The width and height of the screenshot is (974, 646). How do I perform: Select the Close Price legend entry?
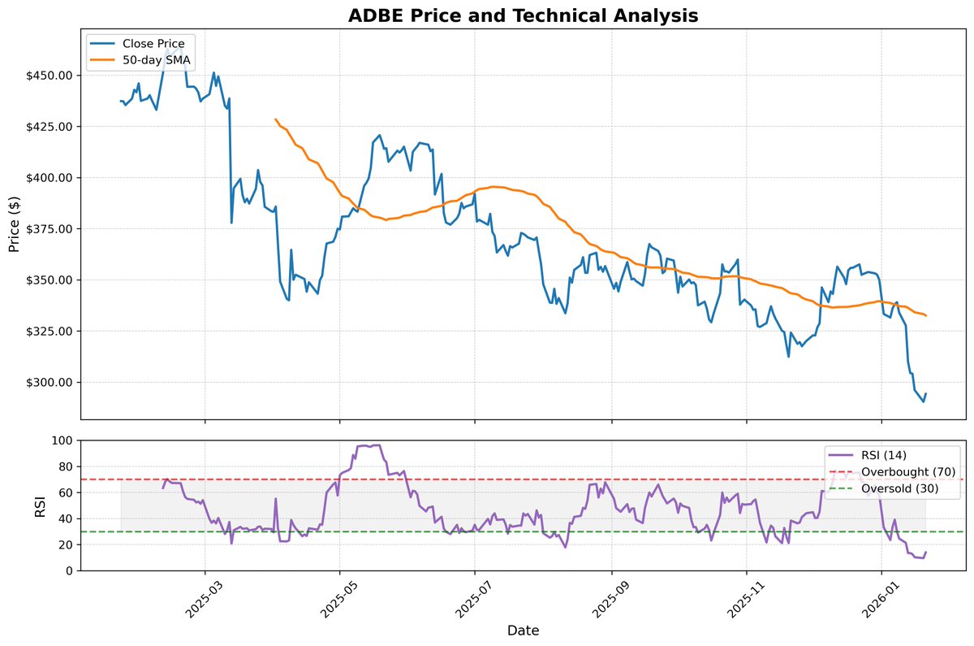coord(153,43)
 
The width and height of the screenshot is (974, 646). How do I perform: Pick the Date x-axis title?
coord(523,630)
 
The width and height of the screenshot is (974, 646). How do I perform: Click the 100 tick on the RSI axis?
coord(63,440)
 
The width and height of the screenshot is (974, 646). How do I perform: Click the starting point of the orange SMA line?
coord(276,119)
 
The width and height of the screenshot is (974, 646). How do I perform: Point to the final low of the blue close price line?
coord(923,401)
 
